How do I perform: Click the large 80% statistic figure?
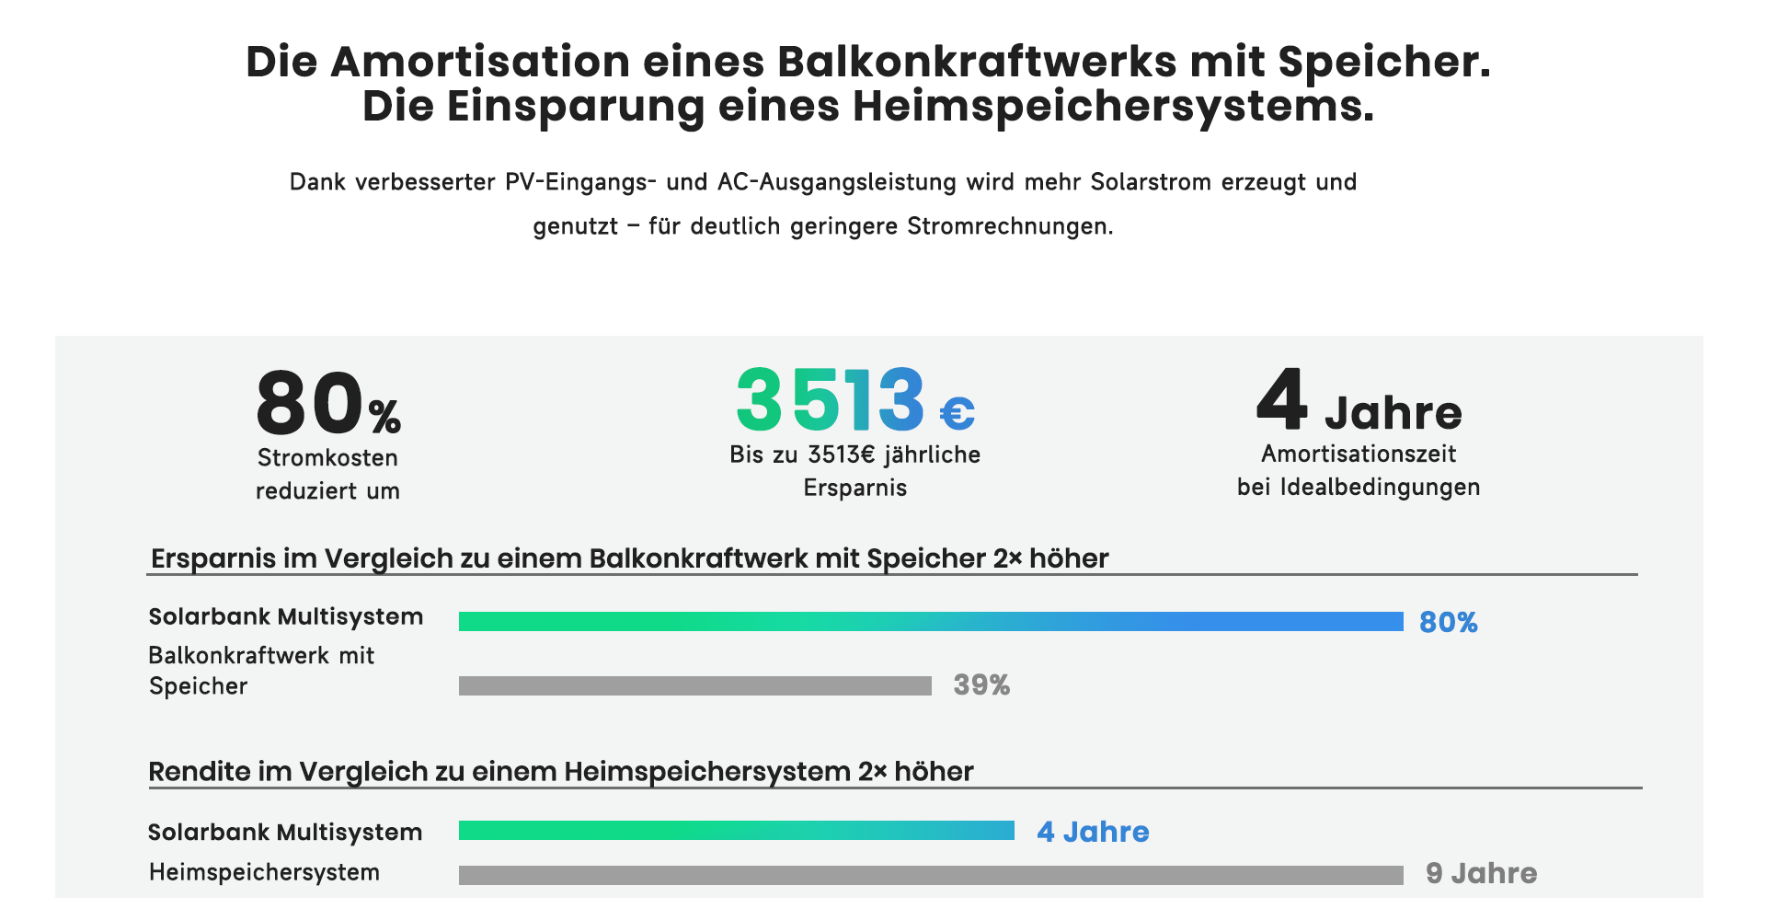(327, 404)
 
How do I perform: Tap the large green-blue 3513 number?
(830, 400)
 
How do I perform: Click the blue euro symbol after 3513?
(957, 413)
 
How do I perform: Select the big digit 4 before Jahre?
(1282, 399)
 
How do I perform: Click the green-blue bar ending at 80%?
(931, 622)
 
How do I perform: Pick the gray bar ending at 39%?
(694, 685)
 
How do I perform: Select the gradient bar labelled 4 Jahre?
(736, 831)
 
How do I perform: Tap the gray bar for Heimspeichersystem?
(931, 875)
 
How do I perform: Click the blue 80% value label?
(1448, 623)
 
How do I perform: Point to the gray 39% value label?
(981, 685)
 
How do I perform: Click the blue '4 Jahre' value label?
(1093, 832)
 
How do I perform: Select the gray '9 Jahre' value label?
(1481, 873)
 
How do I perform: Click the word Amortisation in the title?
(480, 63)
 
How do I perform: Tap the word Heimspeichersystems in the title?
(1113, 107)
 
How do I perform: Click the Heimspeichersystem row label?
(264, 872)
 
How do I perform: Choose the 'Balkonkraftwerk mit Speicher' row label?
(261, 671)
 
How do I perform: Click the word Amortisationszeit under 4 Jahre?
(1359, 454)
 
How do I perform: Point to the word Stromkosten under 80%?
(327, 458)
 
